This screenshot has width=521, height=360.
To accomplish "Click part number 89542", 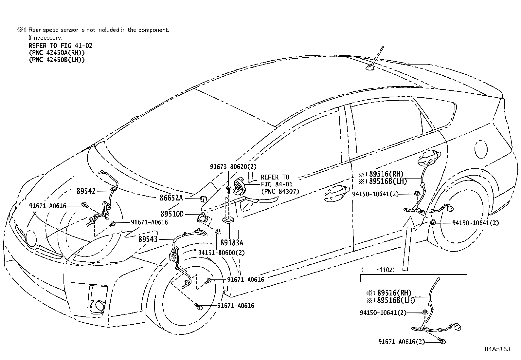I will coord(86,191).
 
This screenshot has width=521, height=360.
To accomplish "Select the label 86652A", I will coord(171,198).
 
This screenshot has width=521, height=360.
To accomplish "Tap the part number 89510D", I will coord(172,214).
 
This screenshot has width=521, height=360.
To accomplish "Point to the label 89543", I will coord(148,239).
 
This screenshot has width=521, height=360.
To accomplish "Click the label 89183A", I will coord(232,243).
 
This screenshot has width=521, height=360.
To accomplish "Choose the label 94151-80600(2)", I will coord(221,253).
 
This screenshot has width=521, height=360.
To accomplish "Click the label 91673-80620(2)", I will coord(233,167).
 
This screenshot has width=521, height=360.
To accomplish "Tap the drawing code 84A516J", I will coord(497,349).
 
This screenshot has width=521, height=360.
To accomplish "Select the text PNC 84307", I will coord(280,191).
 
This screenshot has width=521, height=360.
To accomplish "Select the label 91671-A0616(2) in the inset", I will coord(401,342).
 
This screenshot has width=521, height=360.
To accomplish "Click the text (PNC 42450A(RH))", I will coord(57,53).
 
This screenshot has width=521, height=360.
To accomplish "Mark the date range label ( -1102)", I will coord(378,270).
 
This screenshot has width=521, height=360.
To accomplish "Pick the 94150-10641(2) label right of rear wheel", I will coord(476,223).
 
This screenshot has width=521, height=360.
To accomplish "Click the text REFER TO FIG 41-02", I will coord(61,46).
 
